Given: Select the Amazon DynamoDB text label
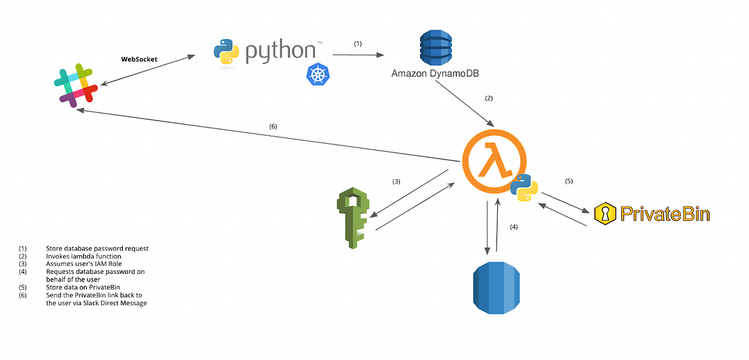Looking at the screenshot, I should [435, 74].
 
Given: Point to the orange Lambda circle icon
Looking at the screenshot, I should [493, 157].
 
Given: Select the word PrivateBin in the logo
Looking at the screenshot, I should [663, 214].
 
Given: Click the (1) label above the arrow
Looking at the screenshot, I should [358, 44].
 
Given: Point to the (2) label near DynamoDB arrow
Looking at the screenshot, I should [489, 98].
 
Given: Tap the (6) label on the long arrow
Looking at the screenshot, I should [273, 126].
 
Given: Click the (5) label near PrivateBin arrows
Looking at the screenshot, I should [569, 181].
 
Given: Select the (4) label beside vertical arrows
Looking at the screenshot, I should [514, 227].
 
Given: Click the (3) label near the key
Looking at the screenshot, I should [396, 182].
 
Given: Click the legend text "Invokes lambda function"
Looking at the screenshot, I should [84, 256].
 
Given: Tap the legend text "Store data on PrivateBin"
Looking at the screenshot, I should [84, 287].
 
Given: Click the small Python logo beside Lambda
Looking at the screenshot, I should [524, 187].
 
